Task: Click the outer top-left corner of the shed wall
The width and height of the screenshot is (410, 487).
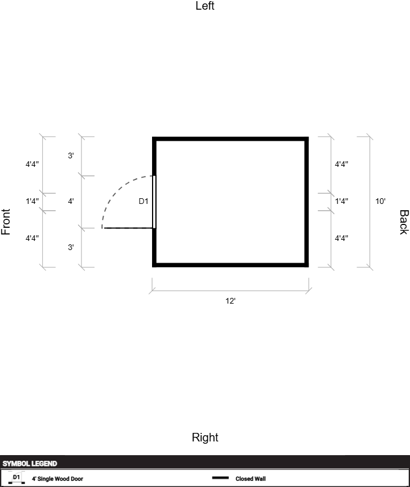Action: (x=152, y=137)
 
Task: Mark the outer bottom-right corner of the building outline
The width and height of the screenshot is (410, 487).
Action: (x=309, y=267)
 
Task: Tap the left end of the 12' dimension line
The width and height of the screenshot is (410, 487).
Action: (x=152, y=291)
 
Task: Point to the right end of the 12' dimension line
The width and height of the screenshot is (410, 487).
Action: (x=309, y=291)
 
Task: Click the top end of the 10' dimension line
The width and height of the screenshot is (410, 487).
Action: (x=370, y=137)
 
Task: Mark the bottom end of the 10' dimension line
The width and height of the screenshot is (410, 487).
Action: (x=370, y=267)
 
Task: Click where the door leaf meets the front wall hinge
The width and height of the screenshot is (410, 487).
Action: (x=153, y=228)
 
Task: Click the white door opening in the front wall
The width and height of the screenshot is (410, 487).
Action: (x=154, y=202)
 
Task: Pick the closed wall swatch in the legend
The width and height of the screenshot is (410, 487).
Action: (x=220, y=478)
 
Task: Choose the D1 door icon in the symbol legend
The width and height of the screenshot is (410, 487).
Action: (x=17, y=478)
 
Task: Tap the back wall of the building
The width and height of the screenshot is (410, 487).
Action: (x=306, y=202)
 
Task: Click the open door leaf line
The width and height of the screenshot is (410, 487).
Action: (x=128, y=228)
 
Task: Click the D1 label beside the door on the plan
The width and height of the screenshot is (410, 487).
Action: (x=143, y=201)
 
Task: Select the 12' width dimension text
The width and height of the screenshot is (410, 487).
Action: (x=231, y=301)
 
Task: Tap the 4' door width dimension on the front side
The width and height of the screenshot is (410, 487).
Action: (x=71, y=201)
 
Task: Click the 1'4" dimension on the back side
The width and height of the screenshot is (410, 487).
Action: (x=341, y=201)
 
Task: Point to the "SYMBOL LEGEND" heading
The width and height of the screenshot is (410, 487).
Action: (x=30, y=464)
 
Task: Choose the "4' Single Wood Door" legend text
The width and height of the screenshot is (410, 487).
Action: (x=58, y=478)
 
